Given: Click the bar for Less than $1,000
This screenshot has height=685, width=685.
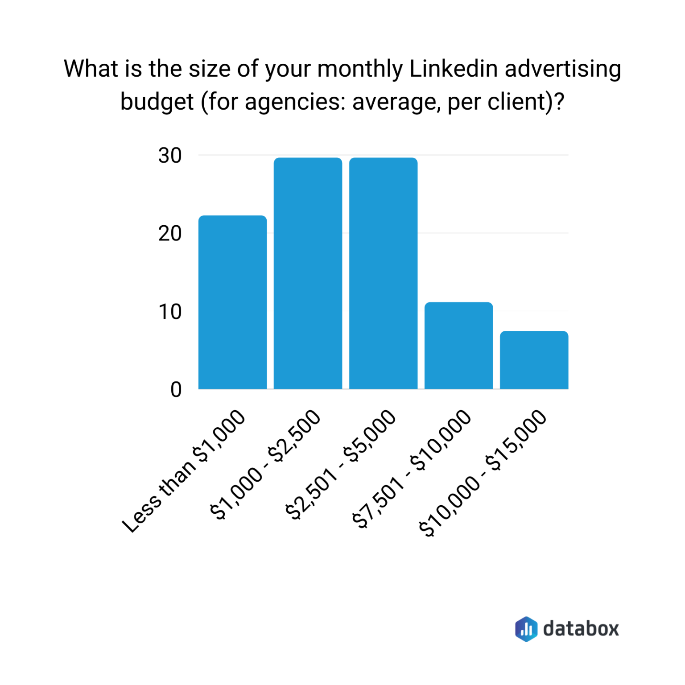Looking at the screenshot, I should pos(232,302).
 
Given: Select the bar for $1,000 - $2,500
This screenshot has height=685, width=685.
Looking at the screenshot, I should pos(308,273).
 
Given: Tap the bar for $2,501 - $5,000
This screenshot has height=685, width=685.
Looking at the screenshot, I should pos(383,273).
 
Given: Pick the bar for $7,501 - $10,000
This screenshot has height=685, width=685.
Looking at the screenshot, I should pos(458,346).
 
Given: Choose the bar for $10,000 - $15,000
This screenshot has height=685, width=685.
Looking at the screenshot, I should pos(534,360).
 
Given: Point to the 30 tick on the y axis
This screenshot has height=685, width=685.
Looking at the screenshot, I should pos(170,156).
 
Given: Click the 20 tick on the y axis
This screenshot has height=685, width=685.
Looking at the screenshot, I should pos(170,233).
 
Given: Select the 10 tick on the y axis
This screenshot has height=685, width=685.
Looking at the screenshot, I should pos(170,312).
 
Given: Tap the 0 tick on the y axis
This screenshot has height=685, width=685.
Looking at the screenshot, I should pos(176,390).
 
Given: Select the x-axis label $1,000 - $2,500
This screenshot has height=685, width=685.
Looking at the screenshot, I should pos(266,465).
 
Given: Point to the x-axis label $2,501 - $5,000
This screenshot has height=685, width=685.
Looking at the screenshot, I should pos(341,465).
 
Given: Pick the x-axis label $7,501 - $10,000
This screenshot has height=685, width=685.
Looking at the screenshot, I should pos(412,468).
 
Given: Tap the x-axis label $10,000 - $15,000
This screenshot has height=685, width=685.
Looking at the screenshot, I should pos(483,473).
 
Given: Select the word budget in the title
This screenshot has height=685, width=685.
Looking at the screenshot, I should pos(157,102).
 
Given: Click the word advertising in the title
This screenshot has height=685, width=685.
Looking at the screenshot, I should pos(563,69).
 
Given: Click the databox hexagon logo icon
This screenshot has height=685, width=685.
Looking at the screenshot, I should pos(526,629).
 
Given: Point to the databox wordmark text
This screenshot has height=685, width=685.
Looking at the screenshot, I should pos(581,629).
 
